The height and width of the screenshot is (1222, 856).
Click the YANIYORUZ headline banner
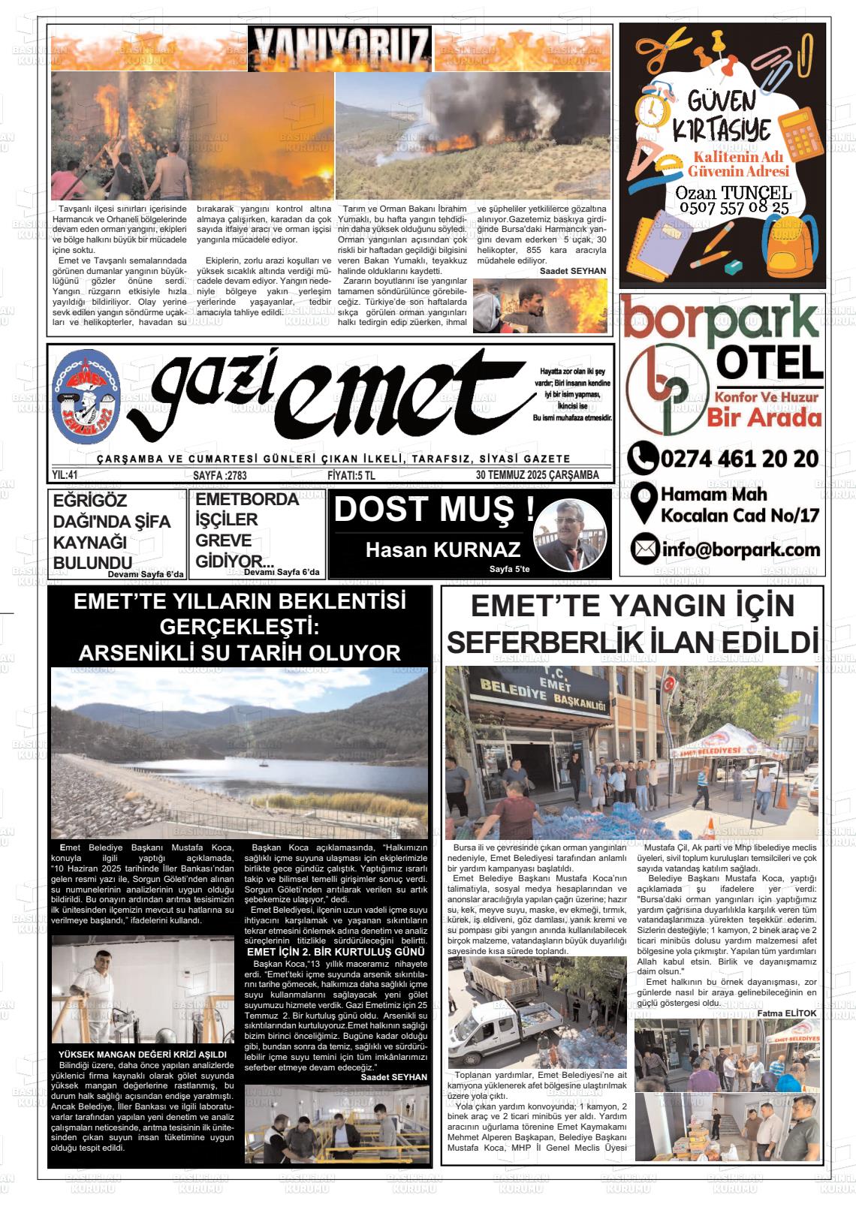pyautogui.click(x=340, y=48)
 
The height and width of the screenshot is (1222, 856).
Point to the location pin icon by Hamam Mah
pyautogui.click(x=644, y=504)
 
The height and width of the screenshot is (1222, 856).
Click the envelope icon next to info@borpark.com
pyautogui.click(x=644, y=549)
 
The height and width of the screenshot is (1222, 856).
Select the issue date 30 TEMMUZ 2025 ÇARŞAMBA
pyautogui.click(x=537, y=475)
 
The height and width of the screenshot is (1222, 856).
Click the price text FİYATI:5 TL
pyautogui.click(x=351, y=475)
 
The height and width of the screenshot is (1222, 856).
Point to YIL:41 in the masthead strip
pyautogui.click(x=65, y=475)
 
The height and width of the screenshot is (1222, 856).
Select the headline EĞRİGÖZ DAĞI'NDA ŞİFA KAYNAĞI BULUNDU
pyautogui.click(x=111, y=531)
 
